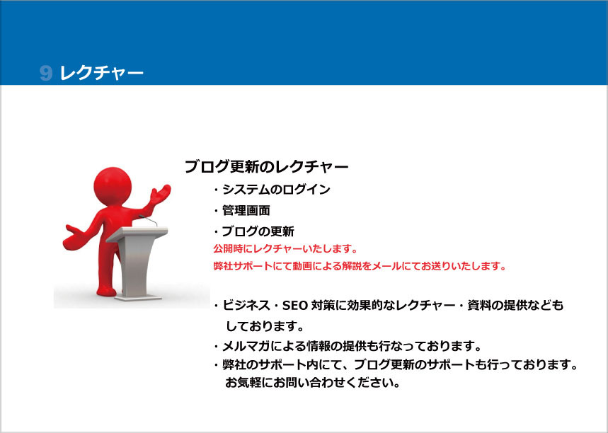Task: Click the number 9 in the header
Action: click(x=46, y=73)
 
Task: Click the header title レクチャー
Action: click(x=102, y=73)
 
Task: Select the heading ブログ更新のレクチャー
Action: click(x=266, y=167)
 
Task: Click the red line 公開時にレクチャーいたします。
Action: click(x=285, y=248)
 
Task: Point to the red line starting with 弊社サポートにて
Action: click(x=360, y=266)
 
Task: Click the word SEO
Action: click(x=294, y=306)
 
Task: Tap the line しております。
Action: click(x=265, y=326)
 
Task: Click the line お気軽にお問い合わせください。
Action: click(x=313, y=383)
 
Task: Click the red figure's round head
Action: click(x=113, y=187)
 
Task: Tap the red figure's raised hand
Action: click(x=160, y=194)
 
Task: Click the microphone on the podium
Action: click(x=149, y=220)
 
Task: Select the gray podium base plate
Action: click(x=138, y=298)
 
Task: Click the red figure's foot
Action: click(x=106, y=291)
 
